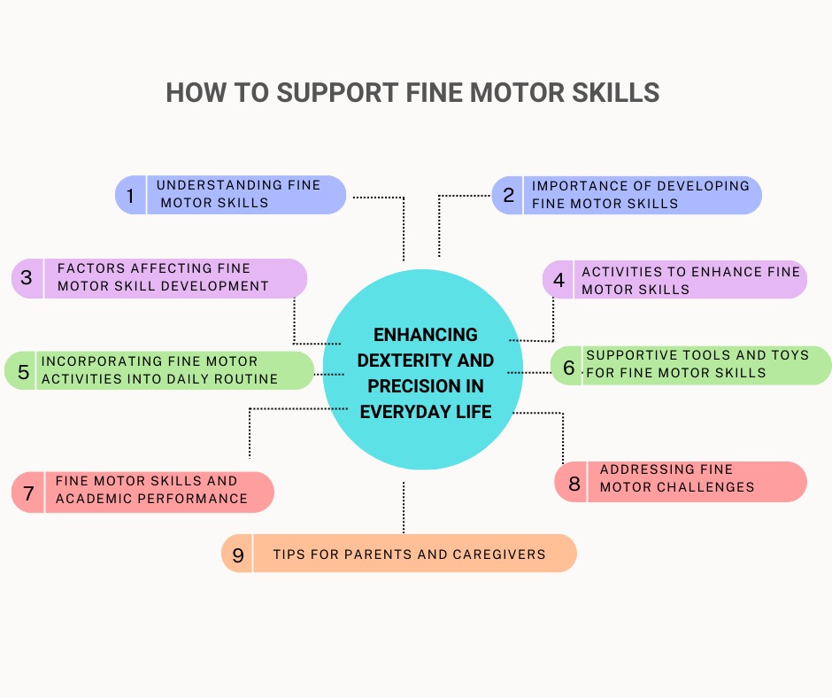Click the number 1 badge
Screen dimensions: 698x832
pos(130,195)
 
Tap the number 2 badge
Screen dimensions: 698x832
pos(508,195)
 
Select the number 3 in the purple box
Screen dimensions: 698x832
pos(27,277)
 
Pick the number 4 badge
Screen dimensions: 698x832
pos(559,280)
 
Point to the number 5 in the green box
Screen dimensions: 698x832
pos(23,371)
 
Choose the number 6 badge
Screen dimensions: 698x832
pos(569,367)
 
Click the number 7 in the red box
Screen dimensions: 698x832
pos(28,492)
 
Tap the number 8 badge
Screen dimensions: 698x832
pos(574,484)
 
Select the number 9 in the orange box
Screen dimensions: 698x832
pos(237,555)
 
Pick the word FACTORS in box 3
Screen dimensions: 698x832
pos(94,268)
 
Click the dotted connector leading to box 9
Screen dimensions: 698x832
pos(404,507)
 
